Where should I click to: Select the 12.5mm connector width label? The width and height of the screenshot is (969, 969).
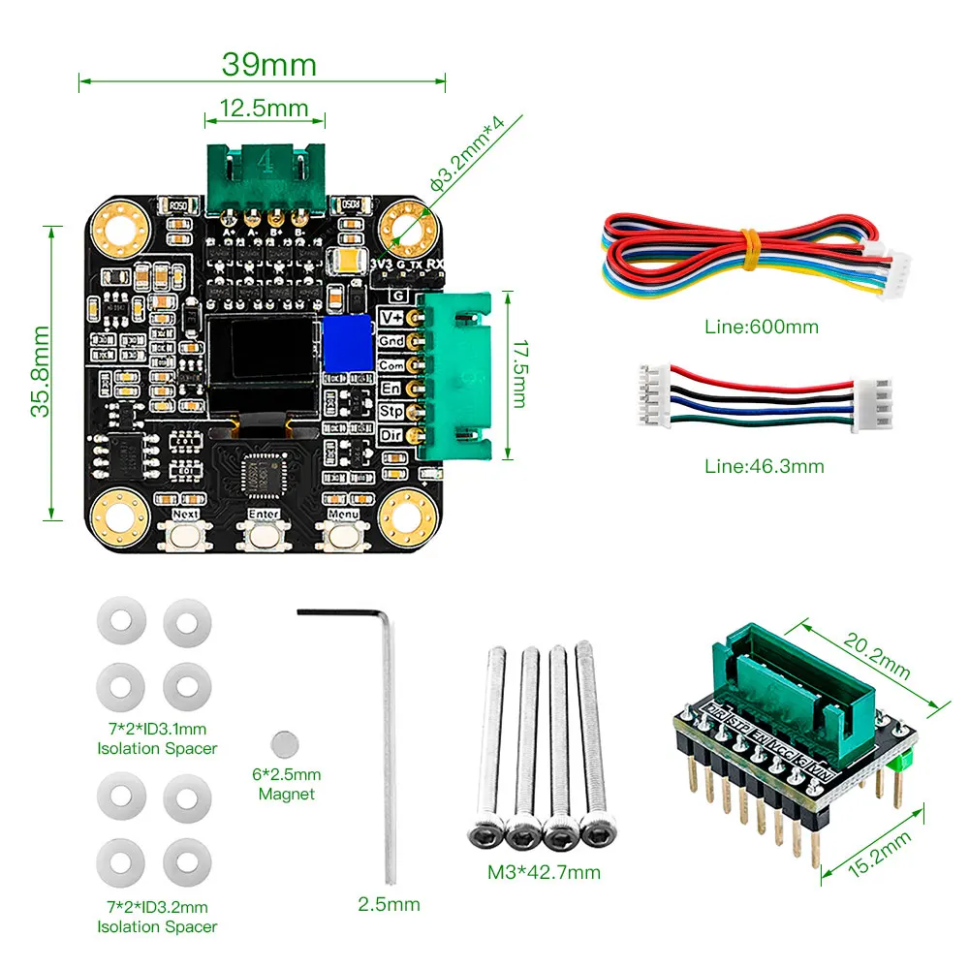pos(264,108)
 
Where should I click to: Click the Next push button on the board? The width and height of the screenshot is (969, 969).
pos(185,535)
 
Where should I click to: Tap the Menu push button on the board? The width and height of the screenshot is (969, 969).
pos(343,535)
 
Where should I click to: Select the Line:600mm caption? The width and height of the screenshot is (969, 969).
pos(761,327)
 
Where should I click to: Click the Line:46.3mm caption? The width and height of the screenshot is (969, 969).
pos(764,466)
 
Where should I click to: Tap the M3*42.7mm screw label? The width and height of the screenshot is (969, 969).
pos(544,872)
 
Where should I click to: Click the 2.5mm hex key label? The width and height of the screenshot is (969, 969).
pos(389,904)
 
